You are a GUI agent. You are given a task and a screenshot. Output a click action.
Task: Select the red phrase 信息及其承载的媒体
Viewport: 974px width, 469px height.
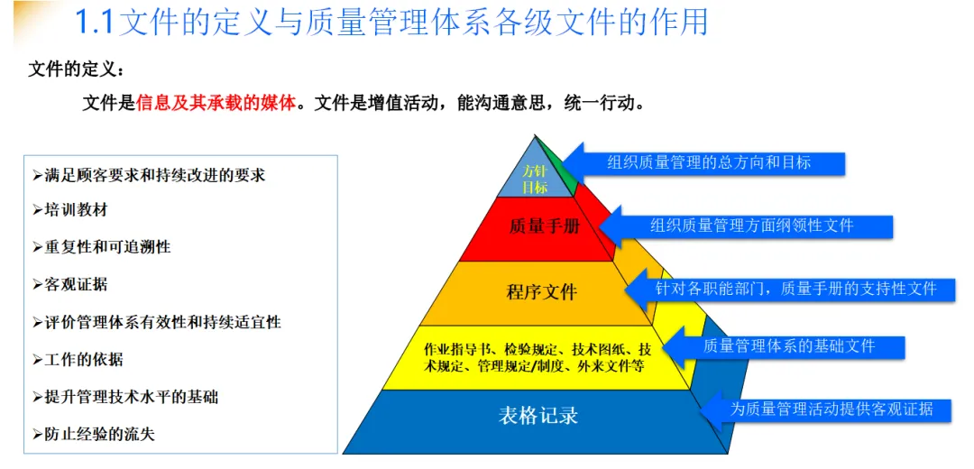[216, 103]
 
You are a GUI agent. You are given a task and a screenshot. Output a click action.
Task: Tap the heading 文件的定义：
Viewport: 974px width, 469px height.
[78, 69]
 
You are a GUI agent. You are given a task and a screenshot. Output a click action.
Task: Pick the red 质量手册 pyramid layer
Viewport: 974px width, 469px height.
[544, 226]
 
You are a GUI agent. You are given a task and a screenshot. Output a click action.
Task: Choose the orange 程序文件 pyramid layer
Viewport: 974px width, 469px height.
[541, 292]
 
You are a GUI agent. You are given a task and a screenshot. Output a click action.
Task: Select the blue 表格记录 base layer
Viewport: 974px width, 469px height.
[538, 416]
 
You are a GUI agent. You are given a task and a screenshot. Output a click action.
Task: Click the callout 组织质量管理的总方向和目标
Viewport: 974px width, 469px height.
[709, 163]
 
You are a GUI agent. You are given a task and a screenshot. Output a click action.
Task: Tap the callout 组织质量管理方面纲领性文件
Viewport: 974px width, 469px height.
[751, 225]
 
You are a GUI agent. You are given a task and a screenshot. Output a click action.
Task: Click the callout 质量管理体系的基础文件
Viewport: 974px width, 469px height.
[788, 345]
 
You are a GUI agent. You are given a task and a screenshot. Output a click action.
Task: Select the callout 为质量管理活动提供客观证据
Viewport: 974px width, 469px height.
[831, 409]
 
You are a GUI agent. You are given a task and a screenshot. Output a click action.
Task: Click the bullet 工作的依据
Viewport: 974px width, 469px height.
[84, 359]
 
